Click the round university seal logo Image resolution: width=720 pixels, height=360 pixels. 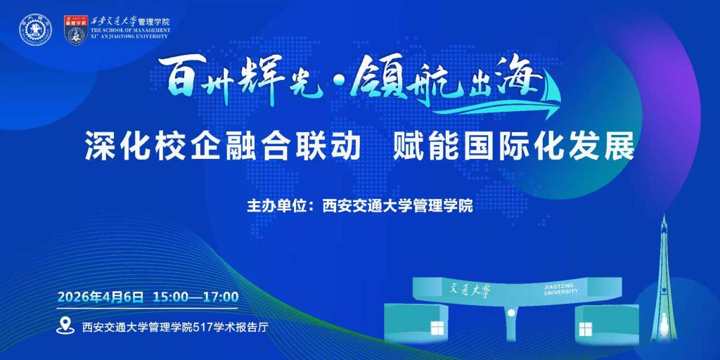pos(35,30)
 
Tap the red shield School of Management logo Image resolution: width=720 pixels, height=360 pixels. pos(76,30)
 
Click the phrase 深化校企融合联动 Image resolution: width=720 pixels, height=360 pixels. pos(223,146)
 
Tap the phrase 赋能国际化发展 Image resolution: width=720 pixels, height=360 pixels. pos(513,146)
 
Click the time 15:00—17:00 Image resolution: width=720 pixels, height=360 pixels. pos(195,297)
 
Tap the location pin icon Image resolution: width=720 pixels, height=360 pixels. pos(65,326)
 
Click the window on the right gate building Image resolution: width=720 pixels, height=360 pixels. pos(586,329)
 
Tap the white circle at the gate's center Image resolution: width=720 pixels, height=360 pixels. pos(510,313)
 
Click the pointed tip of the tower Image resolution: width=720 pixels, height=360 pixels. pos(664,215)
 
